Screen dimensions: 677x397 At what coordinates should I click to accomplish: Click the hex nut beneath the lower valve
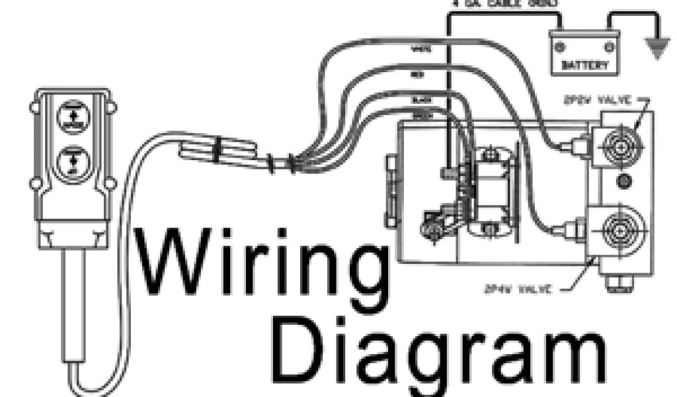click(613, 282)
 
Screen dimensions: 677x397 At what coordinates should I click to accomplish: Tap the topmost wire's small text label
click(418, 47)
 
